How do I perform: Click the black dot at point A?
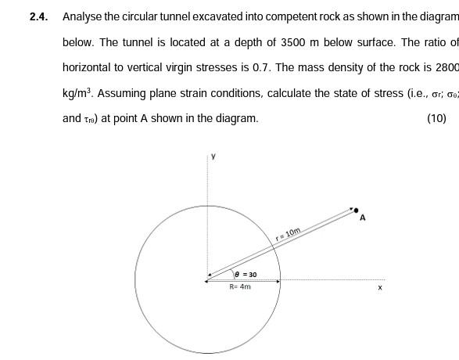pos(357,211)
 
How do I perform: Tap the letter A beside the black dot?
pos(363,219)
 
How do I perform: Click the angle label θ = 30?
pos(246,275)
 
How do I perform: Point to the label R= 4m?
pos(240,287)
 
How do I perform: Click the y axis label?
pos(212,157)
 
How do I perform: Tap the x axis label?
pos(380,288)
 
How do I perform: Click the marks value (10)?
pos(436,119)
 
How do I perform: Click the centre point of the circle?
pos(207,279)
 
